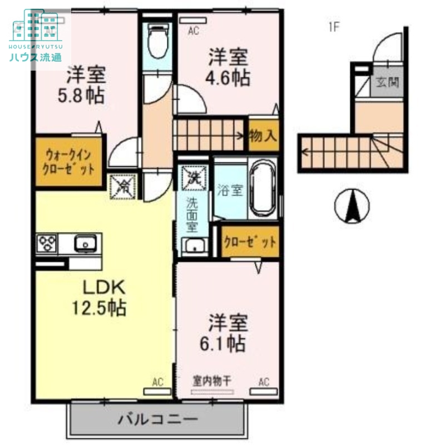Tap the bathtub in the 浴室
point(264,189)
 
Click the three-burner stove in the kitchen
point(47,243)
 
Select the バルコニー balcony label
point(157,419)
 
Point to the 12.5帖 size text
point(98,306)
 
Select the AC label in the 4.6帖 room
point(193,32)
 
